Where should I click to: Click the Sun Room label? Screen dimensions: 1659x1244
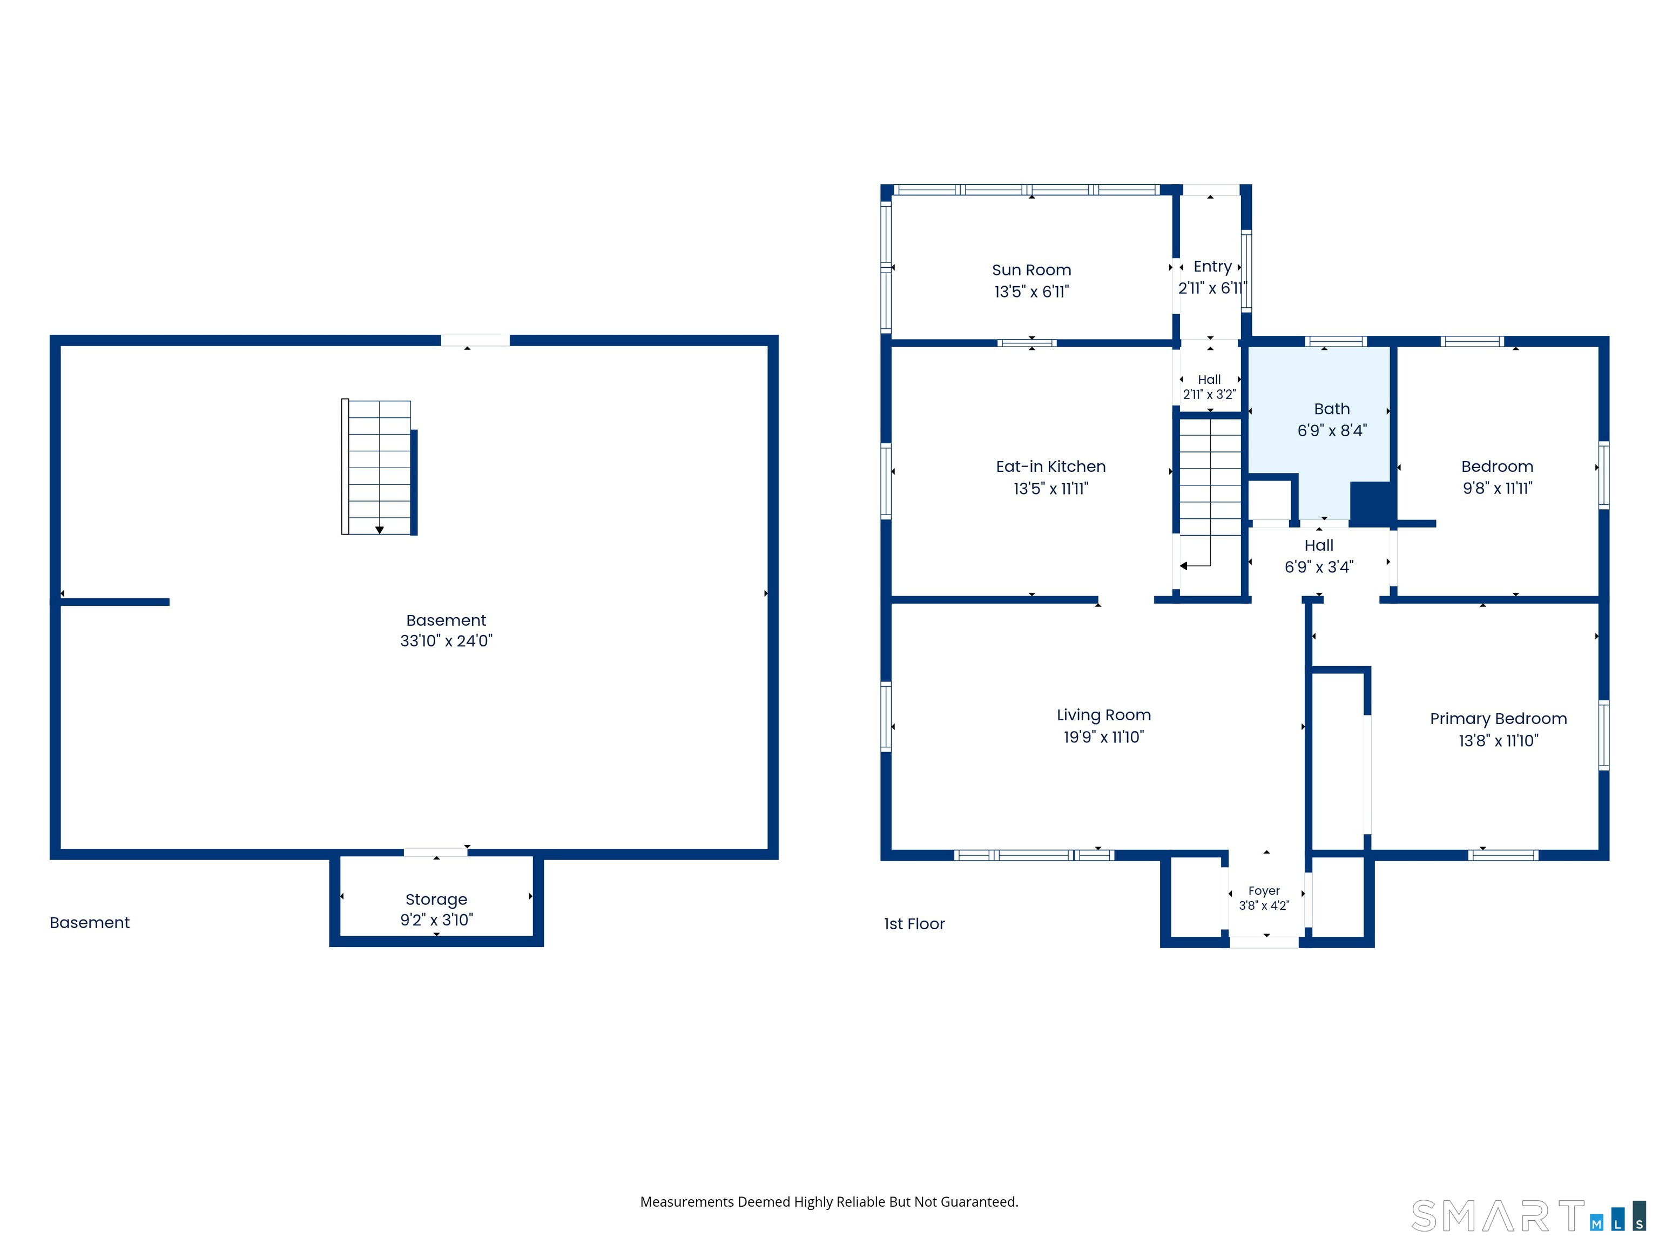pyautogui.click(x=1031, y=270)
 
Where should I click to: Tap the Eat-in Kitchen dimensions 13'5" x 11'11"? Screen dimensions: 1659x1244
pyautogui.click(x=1051, y=489)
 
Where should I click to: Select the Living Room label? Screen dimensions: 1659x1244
pyautogui.click(x=1103, y=715)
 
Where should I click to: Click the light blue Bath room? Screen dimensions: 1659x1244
pyautogui.click(x=1320, y=431)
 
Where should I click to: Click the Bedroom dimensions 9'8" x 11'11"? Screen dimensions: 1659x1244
pyautogui.click(x=1498, y=488)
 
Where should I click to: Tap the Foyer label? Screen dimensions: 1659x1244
pyautogui.click(x=1264, y=891)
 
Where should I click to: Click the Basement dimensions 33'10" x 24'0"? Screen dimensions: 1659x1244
pyautogui.click(x=446, y=640)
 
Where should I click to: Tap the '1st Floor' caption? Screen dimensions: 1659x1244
pyautogui.click(x=914, y=924)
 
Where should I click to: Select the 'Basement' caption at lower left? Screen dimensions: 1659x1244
pyautogui.click(x=89, y=922)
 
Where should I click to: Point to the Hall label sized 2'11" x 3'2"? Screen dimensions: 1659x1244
pyautogui.click(x=1209, y=380)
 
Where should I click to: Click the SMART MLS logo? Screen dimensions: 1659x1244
pyautogui.click(x=1528, y=1215)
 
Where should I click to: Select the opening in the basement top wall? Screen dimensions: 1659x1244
pyautogui.click(x=475, y=341)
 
